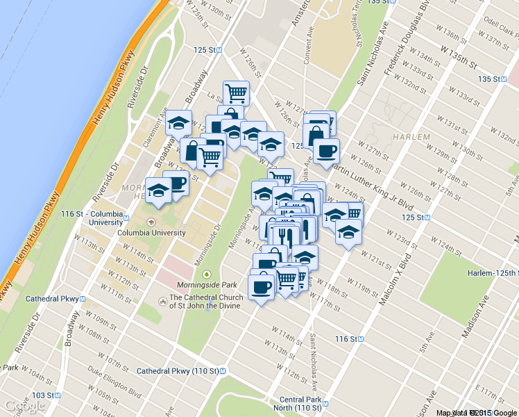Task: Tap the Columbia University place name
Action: pos(151,233)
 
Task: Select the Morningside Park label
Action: pos(206,285)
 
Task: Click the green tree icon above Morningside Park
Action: pos(206,274)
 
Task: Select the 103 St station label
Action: pos(42,395)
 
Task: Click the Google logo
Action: pos(25,405)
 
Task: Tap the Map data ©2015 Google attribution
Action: pos(477,412)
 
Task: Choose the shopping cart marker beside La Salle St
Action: pos(237,91)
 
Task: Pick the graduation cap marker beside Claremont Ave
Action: pos(179,123)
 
